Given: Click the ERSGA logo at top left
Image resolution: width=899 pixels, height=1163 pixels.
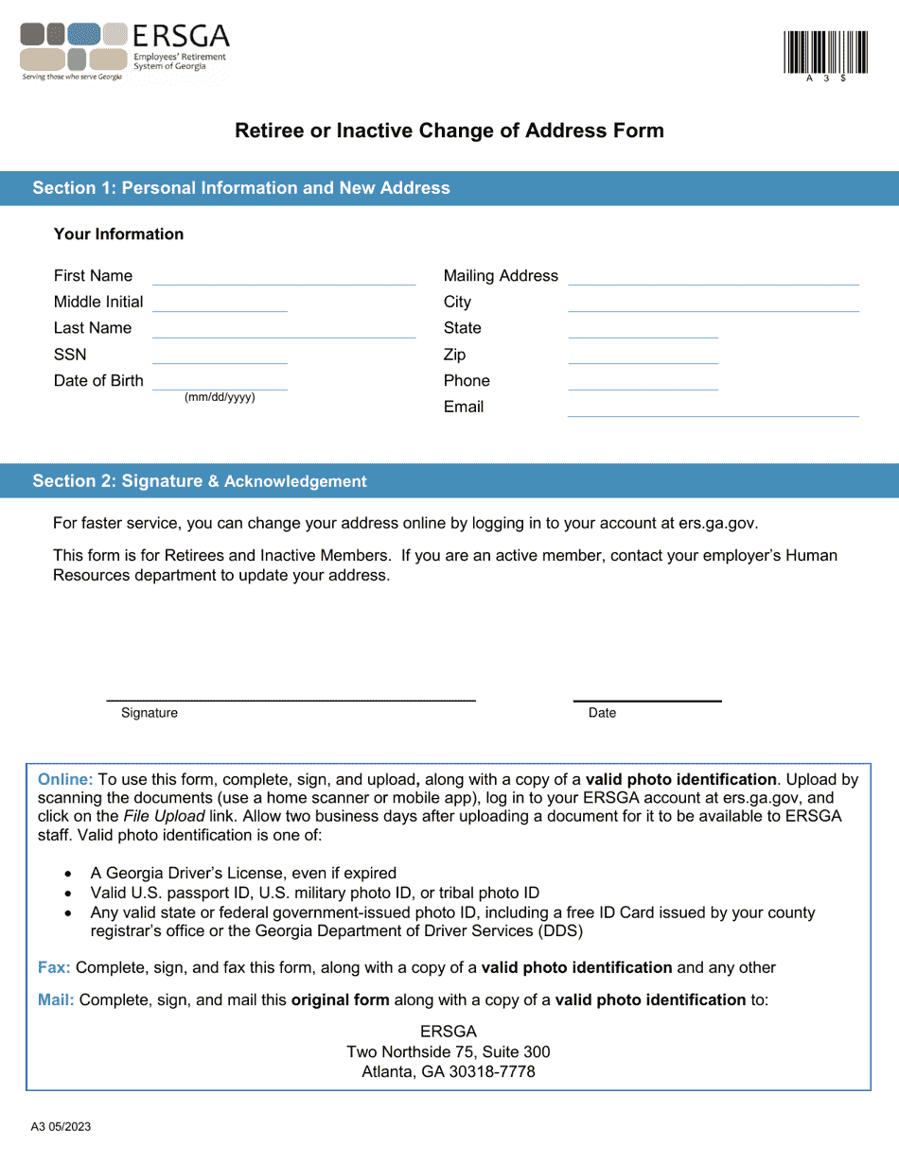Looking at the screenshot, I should (x=124, y=51).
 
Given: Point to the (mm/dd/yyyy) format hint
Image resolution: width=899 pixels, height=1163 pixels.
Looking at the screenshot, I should (x=220, y=397).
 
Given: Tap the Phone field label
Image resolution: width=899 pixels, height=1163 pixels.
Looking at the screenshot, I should (x=467, y=381).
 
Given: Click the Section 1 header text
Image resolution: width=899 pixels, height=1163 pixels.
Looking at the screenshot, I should (x=241, y=188).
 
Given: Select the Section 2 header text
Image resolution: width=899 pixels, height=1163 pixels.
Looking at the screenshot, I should (x=200, y=481).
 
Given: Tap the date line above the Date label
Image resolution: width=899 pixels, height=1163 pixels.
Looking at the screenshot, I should (x=647, y=700).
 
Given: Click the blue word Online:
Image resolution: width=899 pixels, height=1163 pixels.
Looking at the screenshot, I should (x=65, y=780).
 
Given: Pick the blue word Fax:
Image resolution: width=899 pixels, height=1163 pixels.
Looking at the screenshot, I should (x=54, y=967).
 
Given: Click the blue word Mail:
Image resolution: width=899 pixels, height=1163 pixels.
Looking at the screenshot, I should (x=56, y=999).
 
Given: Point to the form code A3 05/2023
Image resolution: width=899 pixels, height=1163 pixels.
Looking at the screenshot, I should (x=61, y=1127).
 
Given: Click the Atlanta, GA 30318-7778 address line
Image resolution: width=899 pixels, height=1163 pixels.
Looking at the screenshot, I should (x=449, y=1072).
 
